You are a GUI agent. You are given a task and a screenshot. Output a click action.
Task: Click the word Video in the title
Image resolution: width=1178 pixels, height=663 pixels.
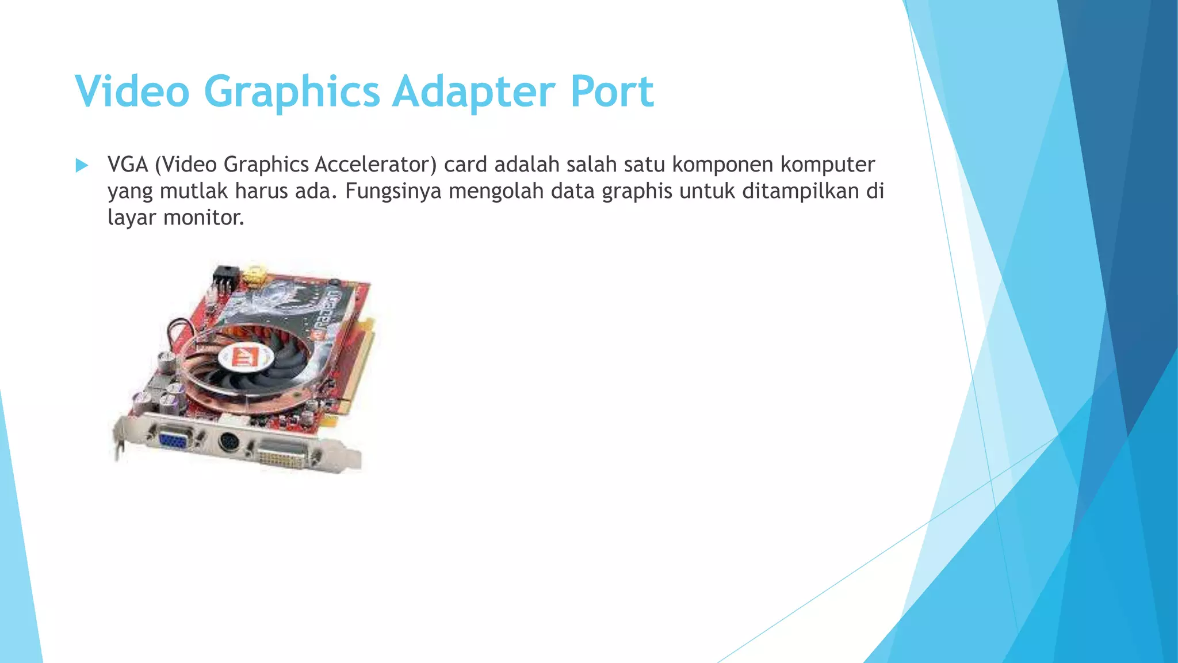click(132, 91)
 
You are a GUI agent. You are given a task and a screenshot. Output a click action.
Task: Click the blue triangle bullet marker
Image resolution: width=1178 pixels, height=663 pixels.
click(82, 166)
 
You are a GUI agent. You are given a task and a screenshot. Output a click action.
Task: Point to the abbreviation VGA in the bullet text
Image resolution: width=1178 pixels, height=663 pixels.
click(128, 165)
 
